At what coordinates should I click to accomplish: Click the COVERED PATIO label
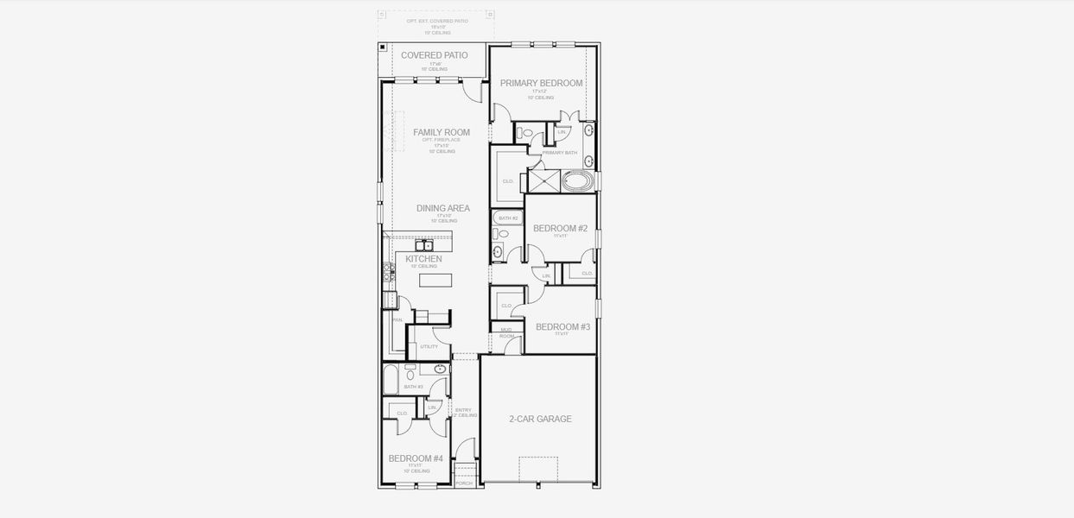pos(434,55)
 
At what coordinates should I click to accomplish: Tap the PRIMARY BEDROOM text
pos(541,83)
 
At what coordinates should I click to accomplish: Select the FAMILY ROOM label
pos(442,132)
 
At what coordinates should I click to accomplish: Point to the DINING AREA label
pos(442,208)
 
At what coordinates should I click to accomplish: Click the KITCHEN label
pos(423,259)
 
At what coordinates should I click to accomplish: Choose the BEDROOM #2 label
pos(560,229)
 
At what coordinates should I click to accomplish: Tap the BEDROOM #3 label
pos(562,326)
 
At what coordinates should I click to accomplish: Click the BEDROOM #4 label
pos(416,458)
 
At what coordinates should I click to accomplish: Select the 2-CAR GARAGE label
pos(540,419)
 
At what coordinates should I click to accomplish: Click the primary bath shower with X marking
pos(544,181)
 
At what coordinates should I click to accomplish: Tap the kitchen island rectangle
pos(435,280)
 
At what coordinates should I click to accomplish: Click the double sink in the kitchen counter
pos(424,245)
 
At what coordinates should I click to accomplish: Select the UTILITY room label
pos(429,346)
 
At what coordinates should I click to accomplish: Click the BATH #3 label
pos(414,387)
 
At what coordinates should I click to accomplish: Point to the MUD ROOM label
pos(506,333)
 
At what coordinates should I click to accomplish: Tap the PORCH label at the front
pos(464,483)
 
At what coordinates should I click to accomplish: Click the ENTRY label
pos(463,411)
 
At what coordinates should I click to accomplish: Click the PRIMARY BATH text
pos(560,153)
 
